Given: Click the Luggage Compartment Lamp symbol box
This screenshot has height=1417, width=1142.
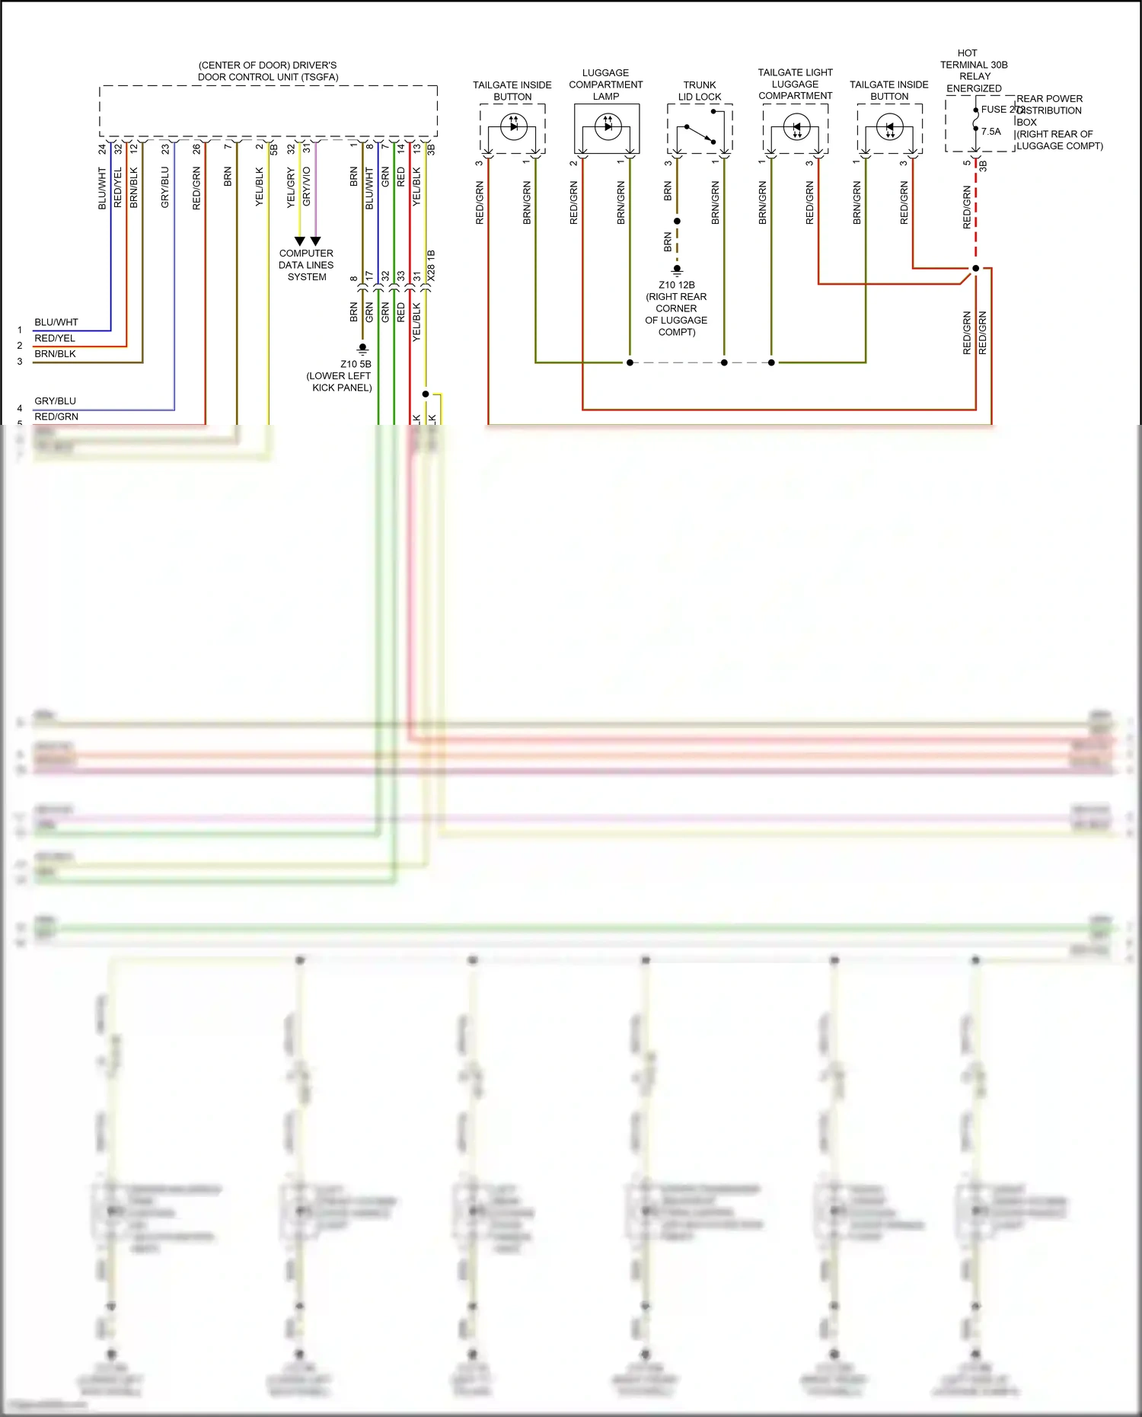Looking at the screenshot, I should (607, 128).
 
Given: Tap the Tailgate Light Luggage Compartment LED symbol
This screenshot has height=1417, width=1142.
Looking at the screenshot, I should (796, 128).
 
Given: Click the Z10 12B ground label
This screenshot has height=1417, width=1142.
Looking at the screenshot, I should (677, 285).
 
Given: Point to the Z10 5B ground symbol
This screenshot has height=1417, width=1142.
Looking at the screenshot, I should (363, 349).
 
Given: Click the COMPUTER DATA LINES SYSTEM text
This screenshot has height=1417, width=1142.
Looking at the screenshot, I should (306, 265).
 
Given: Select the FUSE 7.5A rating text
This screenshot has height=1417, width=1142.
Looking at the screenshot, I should (991, 132).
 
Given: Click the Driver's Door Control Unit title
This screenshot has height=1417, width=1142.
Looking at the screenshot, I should (268, 71).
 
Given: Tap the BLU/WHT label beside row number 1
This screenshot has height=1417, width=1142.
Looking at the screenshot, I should (56, 322).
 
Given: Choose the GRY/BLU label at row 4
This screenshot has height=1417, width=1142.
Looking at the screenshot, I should (55, 401).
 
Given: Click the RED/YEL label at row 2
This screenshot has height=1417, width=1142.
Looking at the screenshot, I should (55, 338).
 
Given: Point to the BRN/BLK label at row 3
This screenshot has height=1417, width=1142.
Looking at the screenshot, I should (55, 354).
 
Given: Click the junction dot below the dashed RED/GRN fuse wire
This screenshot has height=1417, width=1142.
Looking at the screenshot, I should (975, 269).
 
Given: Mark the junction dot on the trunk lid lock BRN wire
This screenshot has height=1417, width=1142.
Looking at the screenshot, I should (677, 222).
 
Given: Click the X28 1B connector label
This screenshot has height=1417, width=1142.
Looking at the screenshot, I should (432, 266).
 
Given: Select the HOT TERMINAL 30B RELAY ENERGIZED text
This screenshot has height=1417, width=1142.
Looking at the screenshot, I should (974, 71).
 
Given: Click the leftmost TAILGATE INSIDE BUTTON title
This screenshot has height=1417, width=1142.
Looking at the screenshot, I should (512, 91).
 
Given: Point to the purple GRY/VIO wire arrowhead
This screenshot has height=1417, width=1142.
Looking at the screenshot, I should (315, 241).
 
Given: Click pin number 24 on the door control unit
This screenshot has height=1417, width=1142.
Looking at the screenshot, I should (102, 149).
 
